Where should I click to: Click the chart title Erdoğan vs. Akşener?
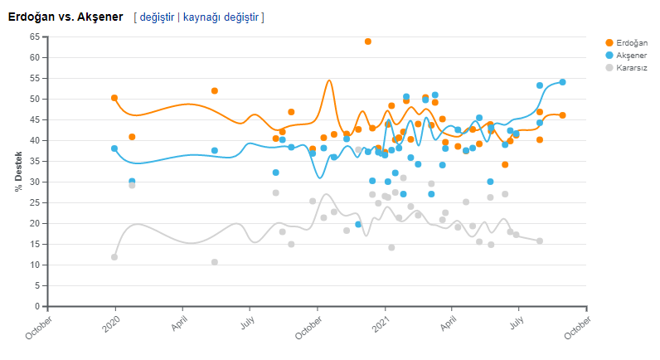pyautogui.click(x=66, y=17)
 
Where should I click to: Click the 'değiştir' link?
pyautogui.click(x=157, y=17)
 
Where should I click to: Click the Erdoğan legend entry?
pyautogui.click(x=631, y=42)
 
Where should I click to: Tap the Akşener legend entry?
pyautogui.click(x=631, y=55)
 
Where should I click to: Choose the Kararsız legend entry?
pyautogui.click(x=631, y=67)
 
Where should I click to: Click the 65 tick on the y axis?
pyautogui.click(x=34, y=36)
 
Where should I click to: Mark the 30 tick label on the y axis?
pyautogui.click(x=34, y=182)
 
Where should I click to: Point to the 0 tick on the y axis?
pyautogui.click(x=36, y=306)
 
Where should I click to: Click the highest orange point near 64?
pyautogui.click(x=368, y=41)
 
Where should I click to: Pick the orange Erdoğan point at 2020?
pyautogui.click(x=114, y=98)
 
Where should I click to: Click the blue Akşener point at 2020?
pyautogui.click(x=114, y=148)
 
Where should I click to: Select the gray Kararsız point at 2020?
pyautogui.click(x=114, y=257)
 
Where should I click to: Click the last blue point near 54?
pyautogui.click(x=562, y=82)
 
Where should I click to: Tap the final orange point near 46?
pyautogui.click(x=562, y=115)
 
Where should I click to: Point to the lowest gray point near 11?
pyautogui.click(x=215, y=262)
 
